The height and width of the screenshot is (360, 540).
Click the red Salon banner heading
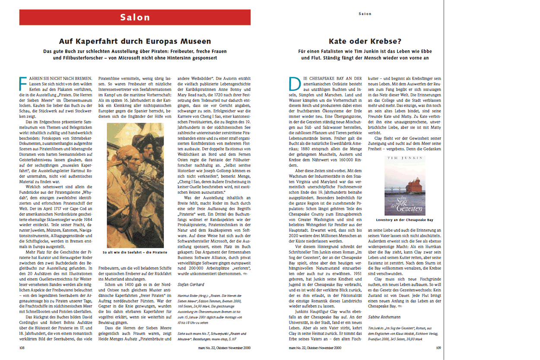point(135,18)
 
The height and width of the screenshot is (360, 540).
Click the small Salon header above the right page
point(365,14)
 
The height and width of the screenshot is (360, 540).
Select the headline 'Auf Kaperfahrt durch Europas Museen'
point(135,41)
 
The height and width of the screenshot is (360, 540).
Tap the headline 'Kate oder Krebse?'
point(365,41)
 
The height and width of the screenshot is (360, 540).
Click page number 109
point(438,347)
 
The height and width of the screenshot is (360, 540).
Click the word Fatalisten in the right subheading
point(341,51)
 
